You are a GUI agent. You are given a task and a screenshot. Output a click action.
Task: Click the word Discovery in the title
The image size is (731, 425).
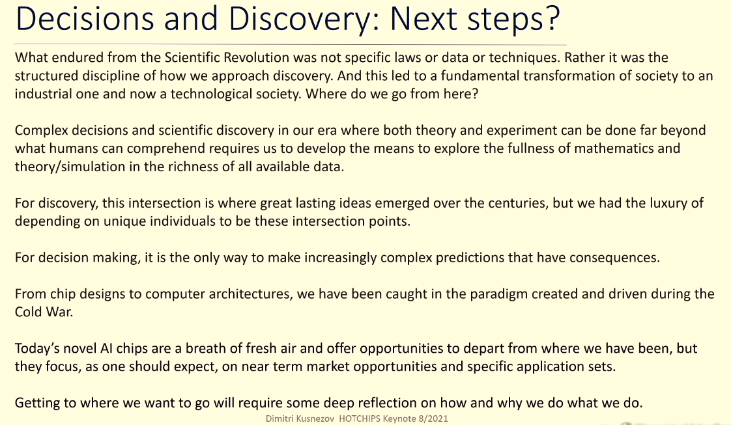click(301, 20)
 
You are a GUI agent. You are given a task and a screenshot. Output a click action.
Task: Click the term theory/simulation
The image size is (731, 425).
click(70, 167)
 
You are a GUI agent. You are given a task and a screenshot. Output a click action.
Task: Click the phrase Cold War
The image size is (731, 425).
click(44, 312)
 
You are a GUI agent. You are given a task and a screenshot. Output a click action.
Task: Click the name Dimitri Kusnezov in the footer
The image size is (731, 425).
click(300, 418)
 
